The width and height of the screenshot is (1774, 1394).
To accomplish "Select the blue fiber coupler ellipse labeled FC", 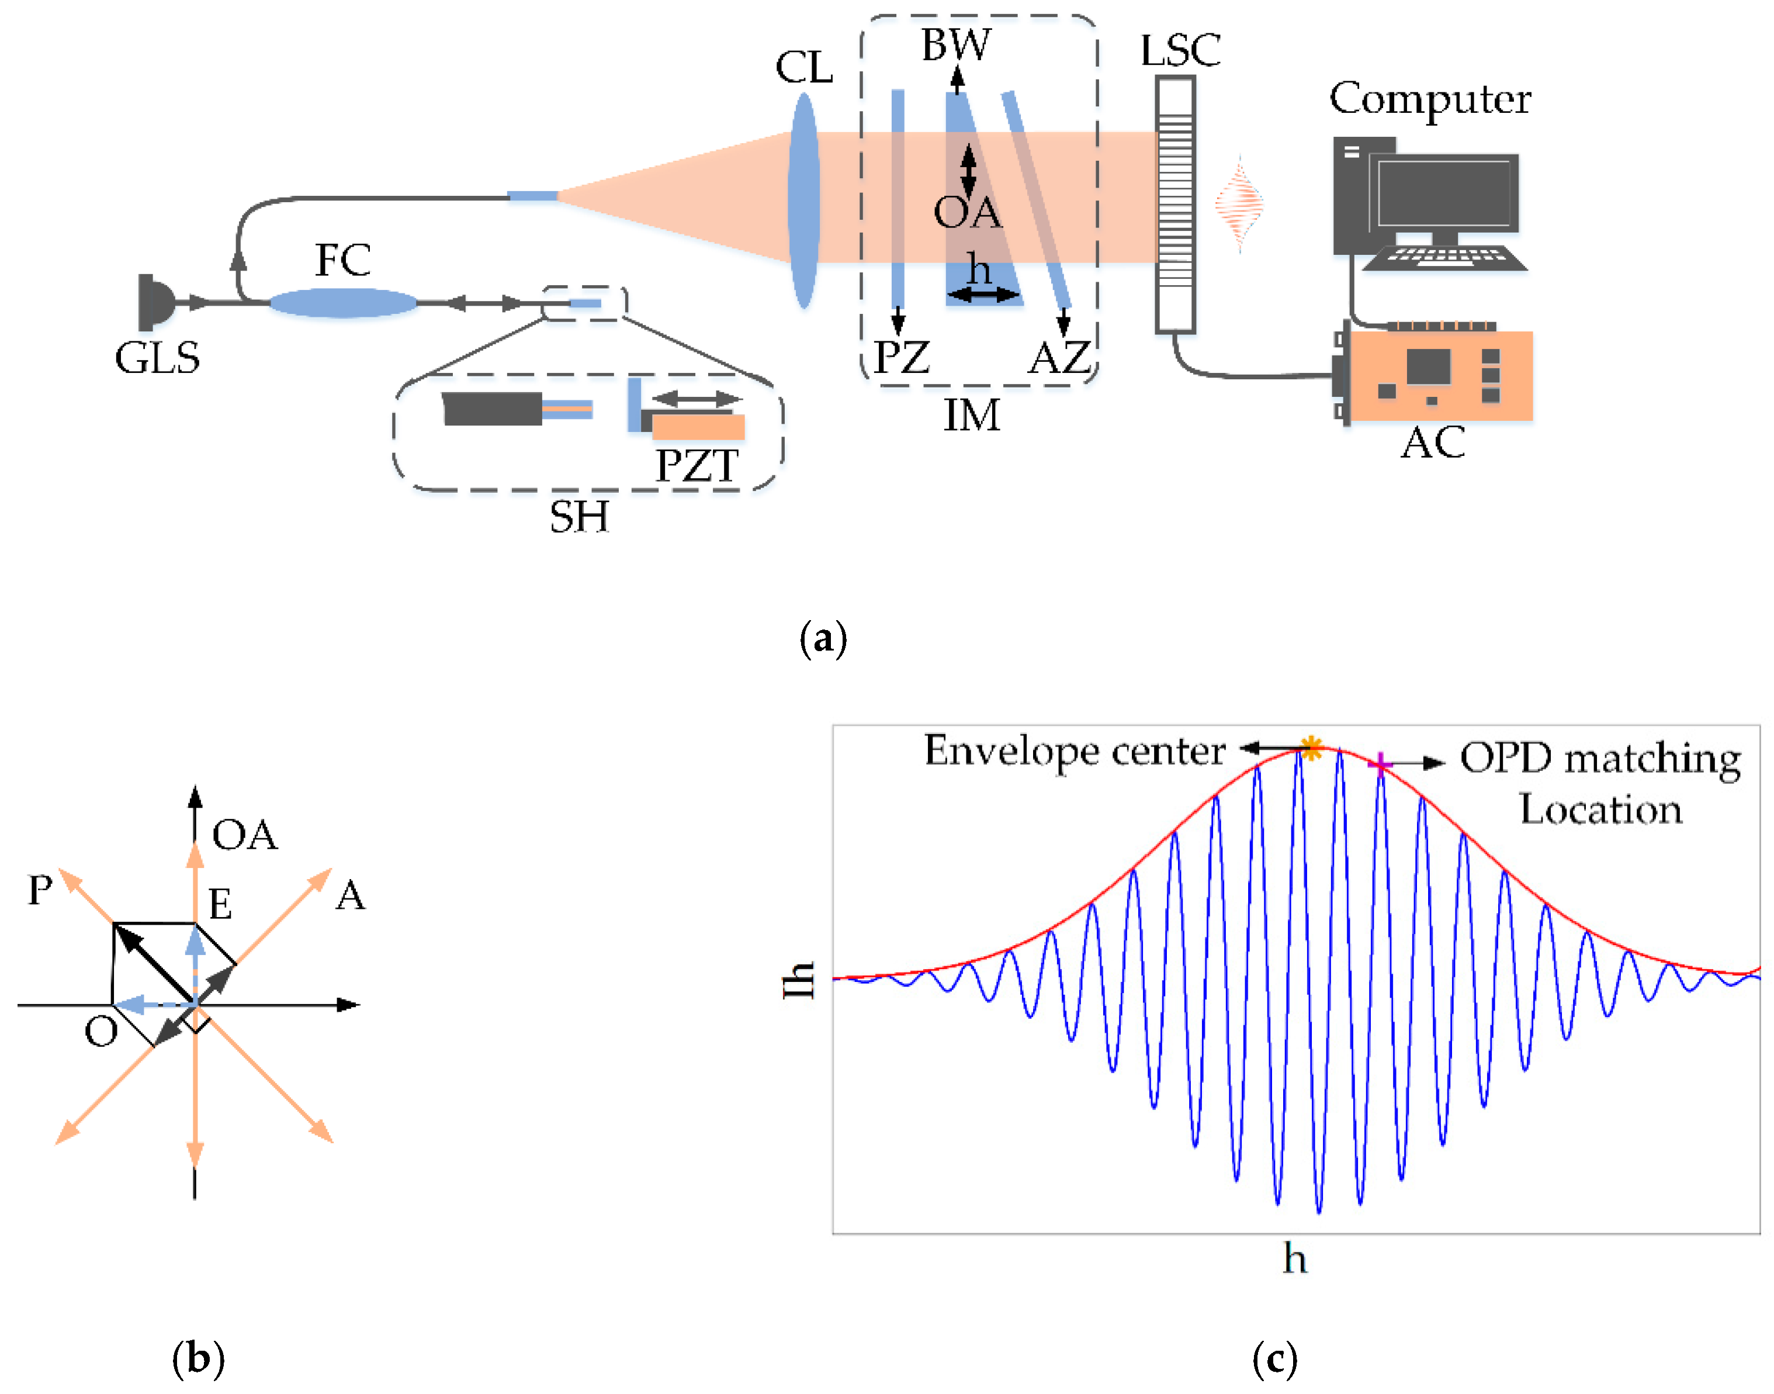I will click(343, 303).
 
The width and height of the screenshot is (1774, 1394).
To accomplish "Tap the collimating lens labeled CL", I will click(804, 200).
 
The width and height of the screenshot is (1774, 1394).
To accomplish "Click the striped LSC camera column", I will click(1175, 204).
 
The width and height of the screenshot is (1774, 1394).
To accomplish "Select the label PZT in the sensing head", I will click(697, 466).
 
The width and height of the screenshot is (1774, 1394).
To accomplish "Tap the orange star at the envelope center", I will click(1311, 747).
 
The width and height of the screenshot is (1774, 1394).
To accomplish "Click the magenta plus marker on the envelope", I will click(1379, 764).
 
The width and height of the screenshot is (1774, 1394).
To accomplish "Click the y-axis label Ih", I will click(799, 980).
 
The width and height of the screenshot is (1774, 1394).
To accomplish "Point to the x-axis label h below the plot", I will click(1295, 1258).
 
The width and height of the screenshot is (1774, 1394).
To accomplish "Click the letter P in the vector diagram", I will click(40, 890).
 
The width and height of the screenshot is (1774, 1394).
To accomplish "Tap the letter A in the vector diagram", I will click(351, 895).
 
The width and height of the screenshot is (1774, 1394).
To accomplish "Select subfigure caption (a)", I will click(823, 638).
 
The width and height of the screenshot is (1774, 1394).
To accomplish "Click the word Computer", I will click(1430, 99).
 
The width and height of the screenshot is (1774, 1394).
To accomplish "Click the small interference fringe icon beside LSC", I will click(1239, 203).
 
